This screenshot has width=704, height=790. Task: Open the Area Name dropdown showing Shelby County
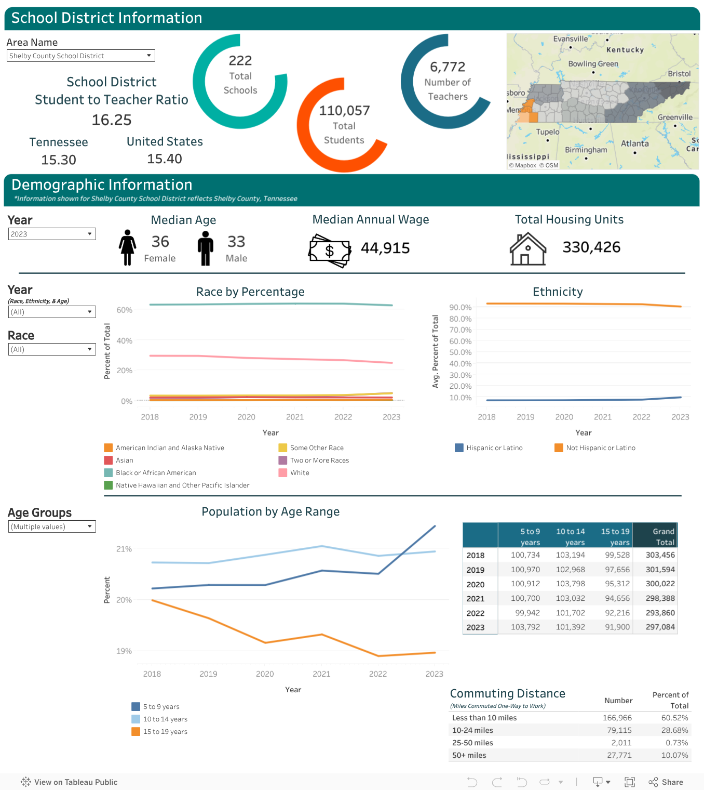tap(80, 56)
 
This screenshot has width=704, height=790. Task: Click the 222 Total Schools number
tap(240, 60)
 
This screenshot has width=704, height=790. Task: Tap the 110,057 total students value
tap(344, 111)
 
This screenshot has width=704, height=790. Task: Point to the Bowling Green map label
tap(593, 63)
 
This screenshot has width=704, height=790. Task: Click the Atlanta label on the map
tap(634, 143)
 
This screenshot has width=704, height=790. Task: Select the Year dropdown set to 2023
tap(52, 234)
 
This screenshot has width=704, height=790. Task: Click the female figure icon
tap(127, 247)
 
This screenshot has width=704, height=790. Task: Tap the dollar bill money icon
tap(330, 251)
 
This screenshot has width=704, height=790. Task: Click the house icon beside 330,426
tap(527, 249)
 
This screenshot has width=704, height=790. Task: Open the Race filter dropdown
tap(52, 349)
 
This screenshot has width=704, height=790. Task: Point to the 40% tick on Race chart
tap(124, 340)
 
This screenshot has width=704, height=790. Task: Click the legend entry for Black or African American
tap(150, 472)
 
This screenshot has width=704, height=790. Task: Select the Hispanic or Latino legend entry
tap(489, 447)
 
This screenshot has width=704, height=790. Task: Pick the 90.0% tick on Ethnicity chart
tap(460, 307)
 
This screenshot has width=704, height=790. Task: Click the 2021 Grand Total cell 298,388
tap(660, 598)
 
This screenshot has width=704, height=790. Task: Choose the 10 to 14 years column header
tap(571, 536)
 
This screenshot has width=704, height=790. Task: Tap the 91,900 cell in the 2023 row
tap(617, 627)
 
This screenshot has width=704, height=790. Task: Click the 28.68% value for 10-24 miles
tap(674, 730)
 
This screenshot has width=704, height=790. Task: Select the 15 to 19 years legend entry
tap(159, 731)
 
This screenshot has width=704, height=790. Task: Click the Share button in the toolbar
tap(666, 782)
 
